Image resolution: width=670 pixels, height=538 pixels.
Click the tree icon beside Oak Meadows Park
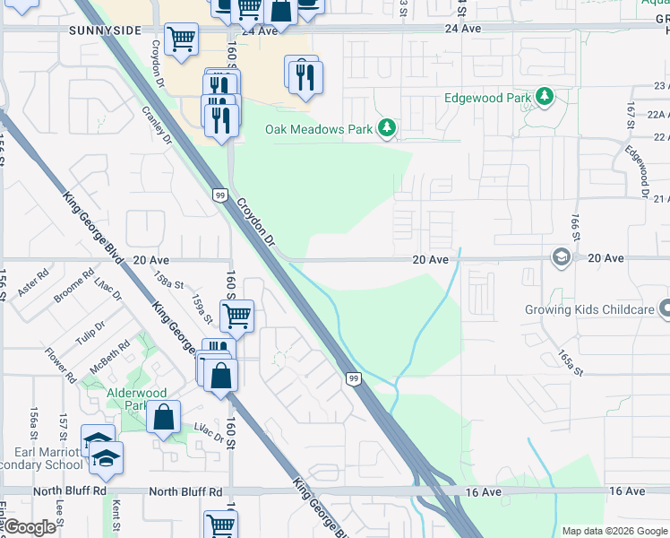pyautogui.click(x=387, y=129)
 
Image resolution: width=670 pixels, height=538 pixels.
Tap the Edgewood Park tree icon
pyautogui.click(x=544, y=97)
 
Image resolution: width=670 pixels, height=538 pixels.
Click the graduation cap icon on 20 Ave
pyautogui.click(x=562, y=258)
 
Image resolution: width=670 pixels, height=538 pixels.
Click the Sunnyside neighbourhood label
pyautogui.click(x=104, y=30)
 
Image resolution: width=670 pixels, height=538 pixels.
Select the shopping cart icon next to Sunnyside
pyautogui.click(x=182, y=39)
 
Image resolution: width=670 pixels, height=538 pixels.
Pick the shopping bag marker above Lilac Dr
pyautogui.click(x=164, y=417)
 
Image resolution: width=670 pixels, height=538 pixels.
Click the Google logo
pyautogui.click(x=29, y=527)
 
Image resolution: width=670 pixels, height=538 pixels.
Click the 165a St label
pyautogui.click(x=571, y=363)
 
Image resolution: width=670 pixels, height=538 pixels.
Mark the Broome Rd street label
pyautogui.click(x=74, y=284)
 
